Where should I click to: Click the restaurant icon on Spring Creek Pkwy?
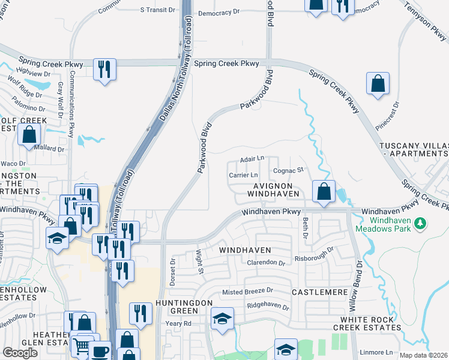pyautogui.click(x=105, y=69)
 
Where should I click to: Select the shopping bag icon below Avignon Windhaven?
pyautogui.click(x=324, y=192)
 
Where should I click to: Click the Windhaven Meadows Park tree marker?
pyautogui.click(x=421, y=223)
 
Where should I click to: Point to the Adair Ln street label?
pyautogui.click(x=252, y=158)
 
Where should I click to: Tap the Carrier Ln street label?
pyautogui.click(x=243, y=175)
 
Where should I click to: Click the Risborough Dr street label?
pyautogui.click(x=313, y=258)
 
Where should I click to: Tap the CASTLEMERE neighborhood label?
pyautogui.click(x=319, y=292)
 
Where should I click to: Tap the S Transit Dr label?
pyautogui.click(x=157, y=10)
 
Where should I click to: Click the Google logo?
pyautogui.click(x=20, y=352)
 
